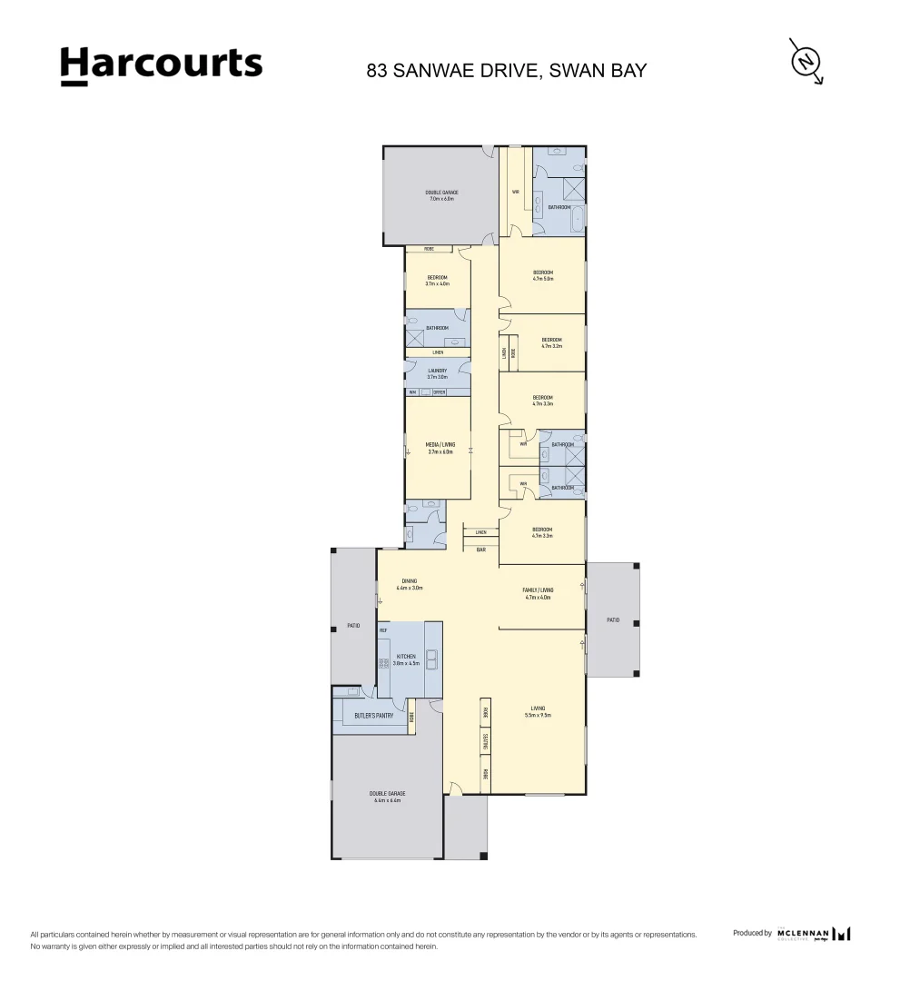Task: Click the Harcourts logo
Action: tap(161, 65)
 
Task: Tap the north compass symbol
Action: tap(805, 62)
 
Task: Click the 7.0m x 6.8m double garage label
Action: tap(441, 195)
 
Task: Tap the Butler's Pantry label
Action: tap(373, 716)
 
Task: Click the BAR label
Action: tap(480, 549)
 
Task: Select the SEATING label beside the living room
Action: tap(486, 743)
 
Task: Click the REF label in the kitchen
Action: tap(383, 629)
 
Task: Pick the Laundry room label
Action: tap(438, 373)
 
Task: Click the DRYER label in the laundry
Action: tap(439, 392)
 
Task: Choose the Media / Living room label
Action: tap(440, 448)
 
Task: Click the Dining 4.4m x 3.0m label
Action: tap(410, 584)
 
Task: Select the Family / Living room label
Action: tap(539, 593)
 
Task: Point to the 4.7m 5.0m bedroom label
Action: tap(543, 276)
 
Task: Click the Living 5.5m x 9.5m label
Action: tap(538, 711)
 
